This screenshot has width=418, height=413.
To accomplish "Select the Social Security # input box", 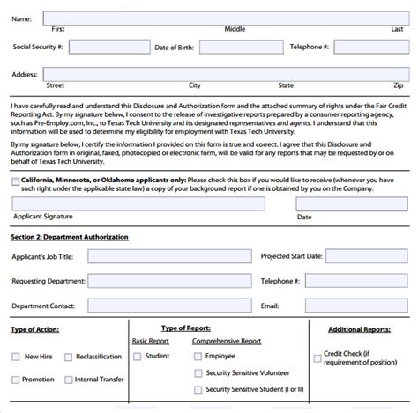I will tap(102, 47).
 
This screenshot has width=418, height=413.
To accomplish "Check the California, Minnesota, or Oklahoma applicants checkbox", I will tap(16, 181).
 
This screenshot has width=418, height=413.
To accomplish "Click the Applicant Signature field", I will tap(138, 204).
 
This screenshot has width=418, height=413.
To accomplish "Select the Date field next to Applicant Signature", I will tap(350, 204).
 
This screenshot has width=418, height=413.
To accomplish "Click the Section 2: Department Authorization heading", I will tap(70, 237).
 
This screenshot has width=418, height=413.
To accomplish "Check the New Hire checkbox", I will tap(16, 357).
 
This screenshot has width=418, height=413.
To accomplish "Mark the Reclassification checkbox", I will tap(66, 357).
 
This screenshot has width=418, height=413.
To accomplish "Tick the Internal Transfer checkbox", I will tap(66, 380).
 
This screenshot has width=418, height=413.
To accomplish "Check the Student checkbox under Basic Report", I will tap(137, 357).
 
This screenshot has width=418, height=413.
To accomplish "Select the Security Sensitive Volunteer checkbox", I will tap(198, 372).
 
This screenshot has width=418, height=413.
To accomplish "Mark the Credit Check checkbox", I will tap(317, 358).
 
